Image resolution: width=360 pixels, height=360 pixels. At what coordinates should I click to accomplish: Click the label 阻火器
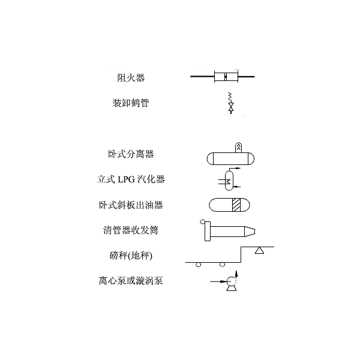point(131,78)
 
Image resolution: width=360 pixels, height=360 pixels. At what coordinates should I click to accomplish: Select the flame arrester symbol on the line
point(226,76)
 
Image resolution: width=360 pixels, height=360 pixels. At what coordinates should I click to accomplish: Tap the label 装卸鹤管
point(131,103)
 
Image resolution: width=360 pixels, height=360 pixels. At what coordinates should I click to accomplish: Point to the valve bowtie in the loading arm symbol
point(231,106)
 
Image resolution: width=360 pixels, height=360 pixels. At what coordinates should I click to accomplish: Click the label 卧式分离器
point(131,154)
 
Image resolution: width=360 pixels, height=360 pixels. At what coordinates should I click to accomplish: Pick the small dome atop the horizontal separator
point(239,148)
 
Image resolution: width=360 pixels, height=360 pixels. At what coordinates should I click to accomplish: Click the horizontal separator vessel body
point(230,158)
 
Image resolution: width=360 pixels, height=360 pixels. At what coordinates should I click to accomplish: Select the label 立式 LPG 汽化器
point(131,179)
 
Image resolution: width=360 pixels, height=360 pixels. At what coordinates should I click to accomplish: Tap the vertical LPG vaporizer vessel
point(229,181)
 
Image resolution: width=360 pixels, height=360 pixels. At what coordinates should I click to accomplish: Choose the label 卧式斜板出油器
point(131,205)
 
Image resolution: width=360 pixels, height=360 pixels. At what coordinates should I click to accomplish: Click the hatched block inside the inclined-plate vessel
point(236,205)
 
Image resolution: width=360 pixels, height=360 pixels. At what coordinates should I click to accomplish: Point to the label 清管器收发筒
point(131,230)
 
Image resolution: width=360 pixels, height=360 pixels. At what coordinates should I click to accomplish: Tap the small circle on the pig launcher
point(202,221)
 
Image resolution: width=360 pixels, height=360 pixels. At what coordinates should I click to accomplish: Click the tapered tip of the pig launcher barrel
point(250,232)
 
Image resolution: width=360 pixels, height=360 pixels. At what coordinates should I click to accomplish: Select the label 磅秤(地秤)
point(131,256)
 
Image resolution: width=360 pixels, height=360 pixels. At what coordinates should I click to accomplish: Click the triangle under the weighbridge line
point(259,250)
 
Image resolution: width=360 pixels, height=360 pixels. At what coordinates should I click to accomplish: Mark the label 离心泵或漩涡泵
point(131,281)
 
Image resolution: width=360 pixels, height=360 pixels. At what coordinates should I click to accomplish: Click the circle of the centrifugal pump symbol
point(231,281)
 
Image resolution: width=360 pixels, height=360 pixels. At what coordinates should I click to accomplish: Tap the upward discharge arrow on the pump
point(236,275)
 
